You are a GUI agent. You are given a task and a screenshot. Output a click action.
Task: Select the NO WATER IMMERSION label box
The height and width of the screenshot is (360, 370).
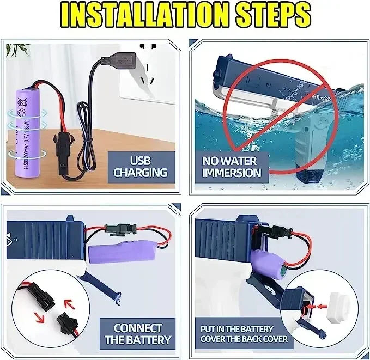pos(232,167)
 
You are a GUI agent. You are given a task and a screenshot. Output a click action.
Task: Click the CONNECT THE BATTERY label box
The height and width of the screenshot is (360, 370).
pos(137,333)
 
